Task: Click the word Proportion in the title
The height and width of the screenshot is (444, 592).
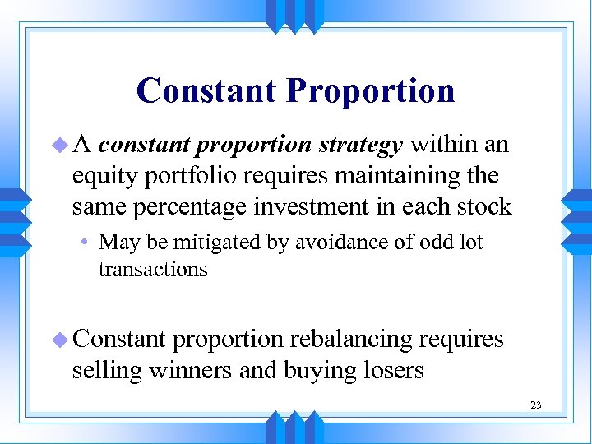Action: coord(370,90)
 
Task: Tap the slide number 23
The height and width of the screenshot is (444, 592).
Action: coord(536,405)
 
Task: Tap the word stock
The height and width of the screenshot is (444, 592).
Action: coord(486,206)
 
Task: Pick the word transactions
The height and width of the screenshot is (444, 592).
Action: coord(153,269)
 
